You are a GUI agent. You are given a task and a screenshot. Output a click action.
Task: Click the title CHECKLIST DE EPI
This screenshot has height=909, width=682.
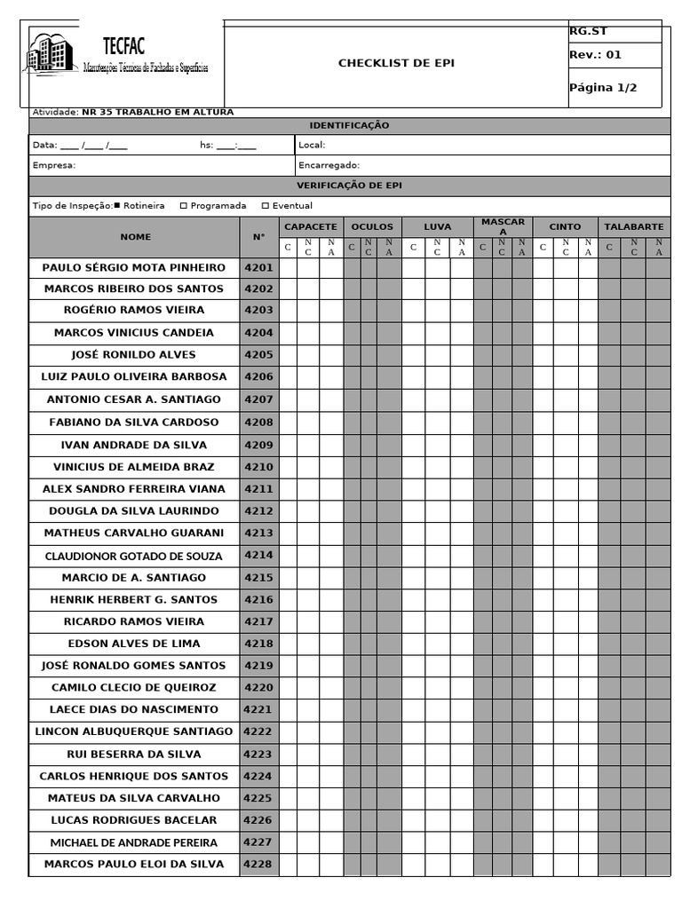pyautogui.click(x=396, y=63)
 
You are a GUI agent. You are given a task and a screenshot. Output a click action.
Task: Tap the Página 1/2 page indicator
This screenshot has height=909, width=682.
pyautogui.click(x=603, y=88)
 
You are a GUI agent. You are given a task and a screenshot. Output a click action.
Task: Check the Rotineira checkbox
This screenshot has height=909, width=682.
pyautogui.click(x=117, y=206)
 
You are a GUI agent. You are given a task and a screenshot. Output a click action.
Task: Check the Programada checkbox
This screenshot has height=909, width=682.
pyautogui.click(x=184, y=206)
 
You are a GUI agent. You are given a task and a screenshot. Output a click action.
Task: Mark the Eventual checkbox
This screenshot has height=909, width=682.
pyautogui.click(x=265, y=206)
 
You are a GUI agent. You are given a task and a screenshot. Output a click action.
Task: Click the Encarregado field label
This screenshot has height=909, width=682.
pyautogui.click(x=329, y=165)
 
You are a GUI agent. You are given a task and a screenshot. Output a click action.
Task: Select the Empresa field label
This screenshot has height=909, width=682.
pyautogui.click(x=54, y=165)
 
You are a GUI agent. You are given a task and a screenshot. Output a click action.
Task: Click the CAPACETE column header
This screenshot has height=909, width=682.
pyautogui.click(x=310, y=227)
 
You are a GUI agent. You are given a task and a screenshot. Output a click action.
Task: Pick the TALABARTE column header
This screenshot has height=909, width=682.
pyautogui.click(x=633, y=227)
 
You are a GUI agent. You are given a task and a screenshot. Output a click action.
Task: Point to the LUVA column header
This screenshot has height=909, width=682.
pyautogui.click(x=437, y=227)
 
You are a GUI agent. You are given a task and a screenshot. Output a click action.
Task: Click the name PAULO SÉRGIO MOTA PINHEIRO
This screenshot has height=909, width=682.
pyautogui.click(x=134, y=267)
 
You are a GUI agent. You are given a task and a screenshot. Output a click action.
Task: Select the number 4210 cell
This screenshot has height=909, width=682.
pyautogui.click(x=258, y=467)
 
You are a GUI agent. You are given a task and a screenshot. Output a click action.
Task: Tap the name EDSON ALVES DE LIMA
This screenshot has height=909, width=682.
pyautogui.click(x=134, y=644)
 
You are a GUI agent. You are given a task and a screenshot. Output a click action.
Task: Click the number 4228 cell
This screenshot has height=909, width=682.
pyautogui.click(x=258, y=865)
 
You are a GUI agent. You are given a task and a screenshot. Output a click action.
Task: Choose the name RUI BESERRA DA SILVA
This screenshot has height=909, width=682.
pyautogui.click(x=134, y=755)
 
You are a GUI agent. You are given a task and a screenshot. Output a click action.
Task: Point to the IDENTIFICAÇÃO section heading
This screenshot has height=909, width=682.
pyautogui.click(x=349, y=126)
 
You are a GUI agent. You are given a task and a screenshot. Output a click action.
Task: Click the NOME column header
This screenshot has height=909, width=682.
pyautogui.click(x=136, y=237)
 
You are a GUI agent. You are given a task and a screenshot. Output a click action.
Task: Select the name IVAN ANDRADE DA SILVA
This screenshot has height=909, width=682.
pyautogui.click(x=134, y=445)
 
